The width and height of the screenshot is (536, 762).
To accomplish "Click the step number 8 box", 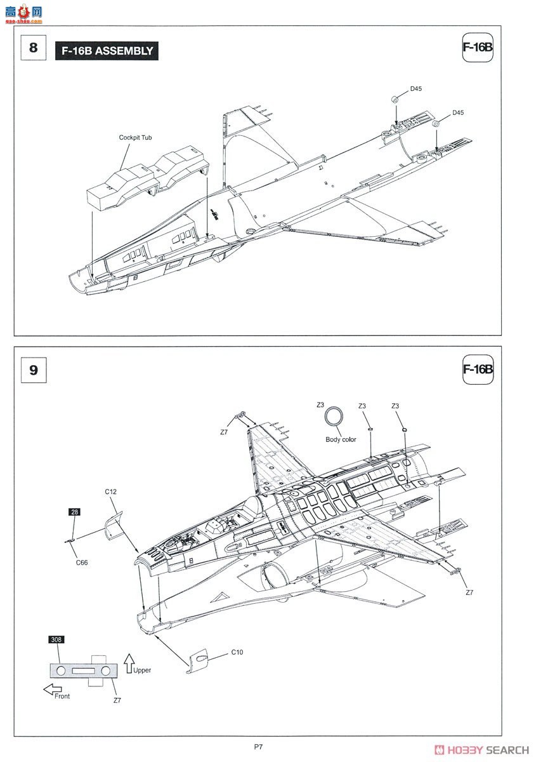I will [x=34, y=48].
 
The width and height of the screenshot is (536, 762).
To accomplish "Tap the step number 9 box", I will [x=34, y=369].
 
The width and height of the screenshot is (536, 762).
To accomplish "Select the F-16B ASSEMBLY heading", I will [x=107, y=51].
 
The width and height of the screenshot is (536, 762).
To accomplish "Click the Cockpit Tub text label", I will [x=135, y=137].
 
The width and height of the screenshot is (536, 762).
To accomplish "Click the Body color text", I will [x=341, y=439].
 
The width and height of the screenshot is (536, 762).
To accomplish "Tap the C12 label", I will [x=110, y=491].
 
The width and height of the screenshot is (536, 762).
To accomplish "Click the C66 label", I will [x=82, y=562].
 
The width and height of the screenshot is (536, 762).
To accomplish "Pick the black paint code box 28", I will [x=74, y=512].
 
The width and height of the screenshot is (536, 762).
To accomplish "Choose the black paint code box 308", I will [x=56, y=639].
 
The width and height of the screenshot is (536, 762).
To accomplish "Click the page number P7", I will [x=258, y=747].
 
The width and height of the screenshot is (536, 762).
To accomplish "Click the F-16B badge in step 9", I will [x=478, y=369].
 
